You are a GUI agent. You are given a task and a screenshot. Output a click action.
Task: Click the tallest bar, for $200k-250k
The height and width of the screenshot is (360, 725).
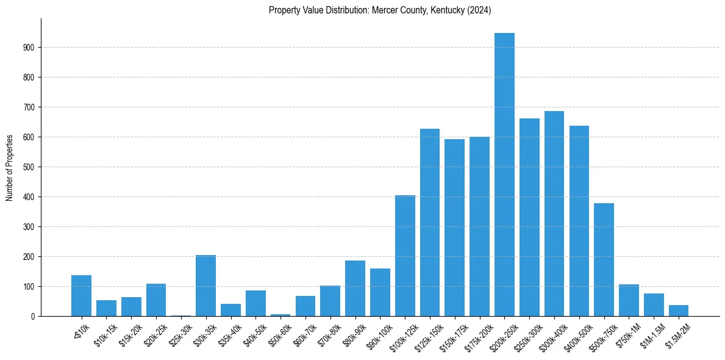tap(504, 175)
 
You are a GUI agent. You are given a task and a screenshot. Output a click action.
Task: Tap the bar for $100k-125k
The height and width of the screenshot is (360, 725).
tap(405, 256)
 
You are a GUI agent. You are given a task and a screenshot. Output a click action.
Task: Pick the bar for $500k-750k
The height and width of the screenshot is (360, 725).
tap(604, 259)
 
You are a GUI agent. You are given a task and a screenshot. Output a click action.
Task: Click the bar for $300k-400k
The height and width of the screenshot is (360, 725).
tap(554, 214)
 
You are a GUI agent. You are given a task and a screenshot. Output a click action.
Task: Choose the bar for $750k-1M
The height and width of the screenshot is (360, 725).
tap(629, 300)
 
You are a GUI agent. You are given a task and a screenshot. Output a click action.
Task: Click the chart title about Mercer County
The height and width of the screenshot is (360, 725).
tap(380, 10)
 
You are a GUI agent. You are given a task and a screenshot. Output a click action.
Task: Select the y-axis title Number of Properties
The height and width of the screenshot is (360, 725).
tap(10, 167)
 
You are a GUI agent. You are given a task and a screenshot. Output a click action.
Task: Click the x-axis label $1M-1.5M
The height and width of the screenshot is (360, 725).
tap(652, 333)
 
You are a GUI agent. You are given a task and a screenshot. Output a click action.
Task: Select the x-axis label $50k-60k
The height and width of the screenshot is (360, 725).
tap(278, 333)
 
